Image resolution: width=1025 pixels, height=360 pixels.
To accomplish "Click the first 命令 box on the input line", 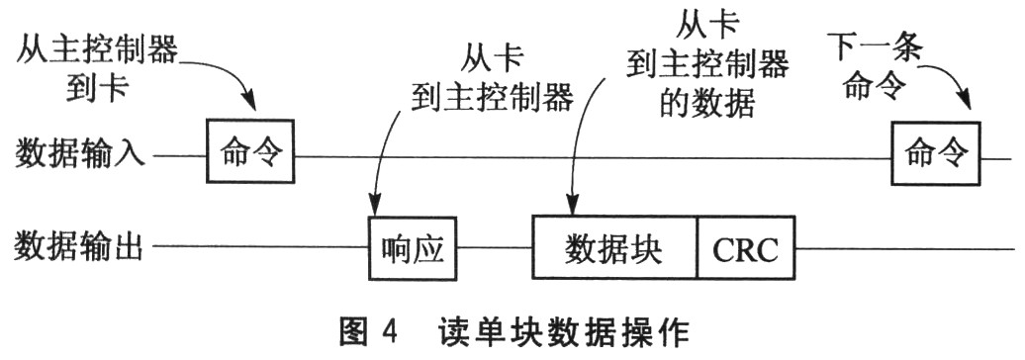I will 251,151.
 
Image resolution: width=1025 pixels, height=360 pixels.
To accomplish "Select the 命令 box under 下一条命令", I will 935,151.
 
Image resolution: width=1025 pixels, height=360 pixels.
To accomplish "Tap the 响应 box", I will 415,245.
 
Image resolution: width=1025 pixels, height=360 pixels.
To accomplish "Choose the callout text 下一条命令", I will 874,66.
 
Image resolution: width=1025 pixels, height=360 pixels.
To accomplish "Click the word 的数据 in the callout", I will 706,102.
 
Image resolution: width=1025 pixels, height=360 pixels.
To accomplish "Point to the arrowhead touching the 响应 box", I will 374,207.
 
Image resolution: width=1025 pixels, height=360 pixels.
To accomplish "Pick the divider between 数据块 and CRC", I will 699,246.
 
